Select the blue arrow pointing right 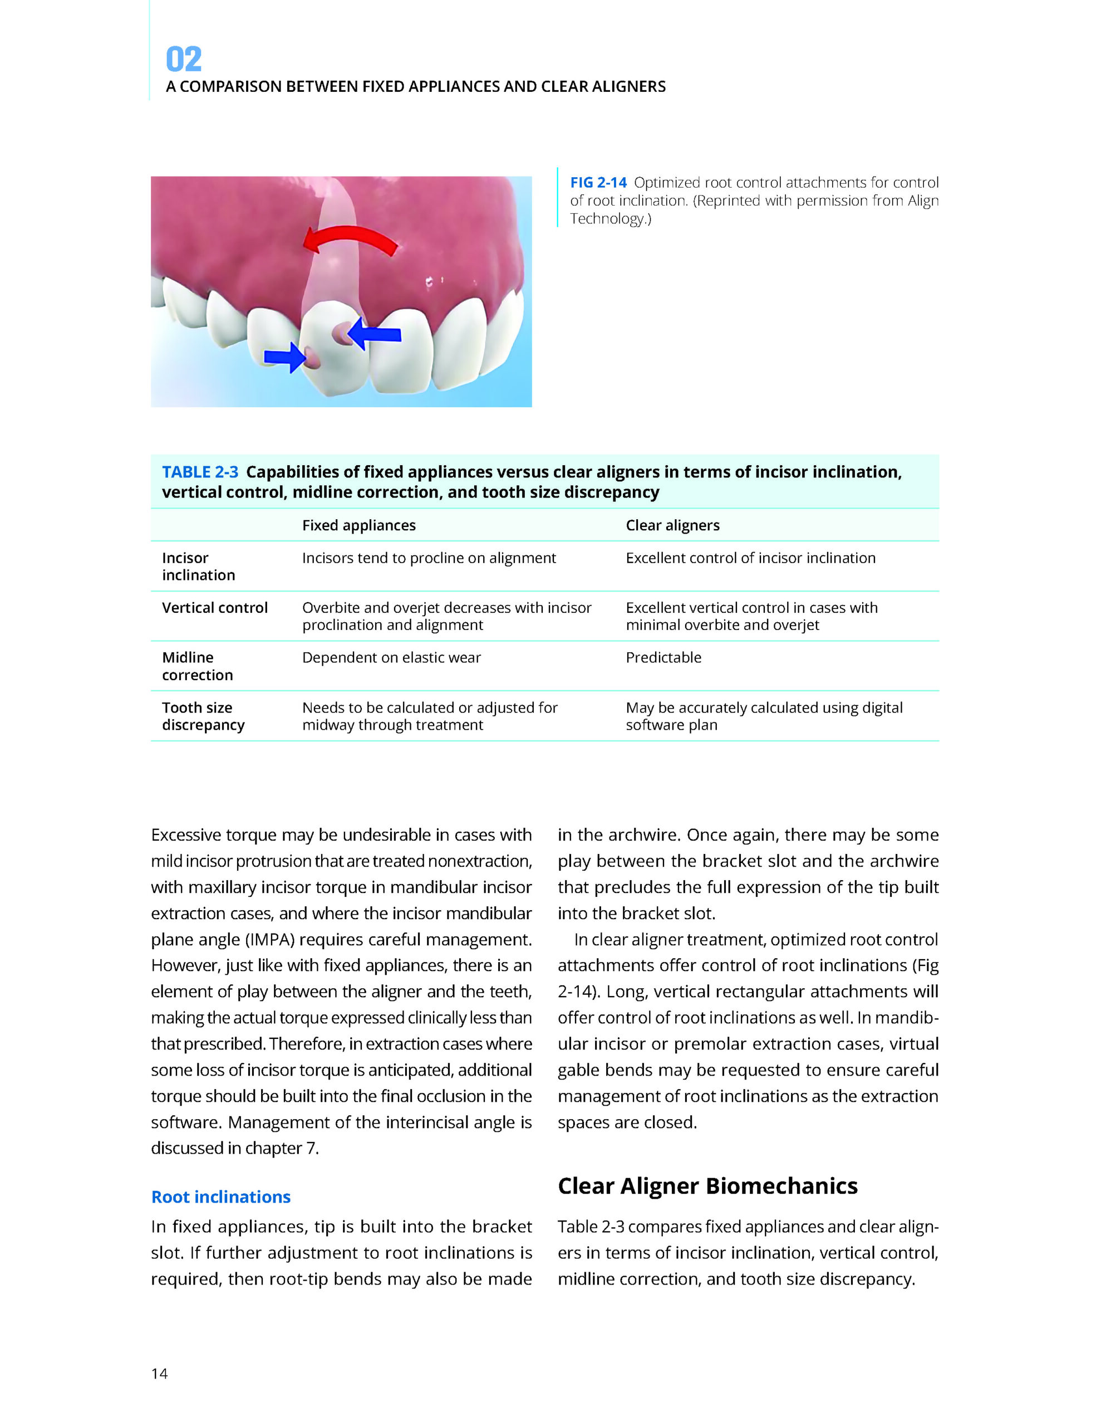click(285, 357)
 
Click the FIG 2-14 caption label click(598, 183)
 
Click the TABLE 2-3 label click(200, 472)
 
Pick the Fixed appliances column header click(358, 526)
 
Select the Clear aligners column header click(672, 526)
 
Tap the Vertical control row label click(215, 608)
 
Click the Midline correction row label click(197, 666)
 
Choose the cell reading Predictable click(663, 657)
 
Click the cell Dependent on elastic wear click(391, 657)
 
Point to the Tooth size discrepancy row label click(203, 716)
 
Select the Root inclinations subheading click(220, 1197)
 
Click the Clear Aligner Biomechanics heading click(707, 1186)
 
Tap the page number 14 click(159, 1374)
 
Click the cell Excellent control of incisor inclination click(750, 558)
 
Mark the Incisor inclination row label click(198, 567)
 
